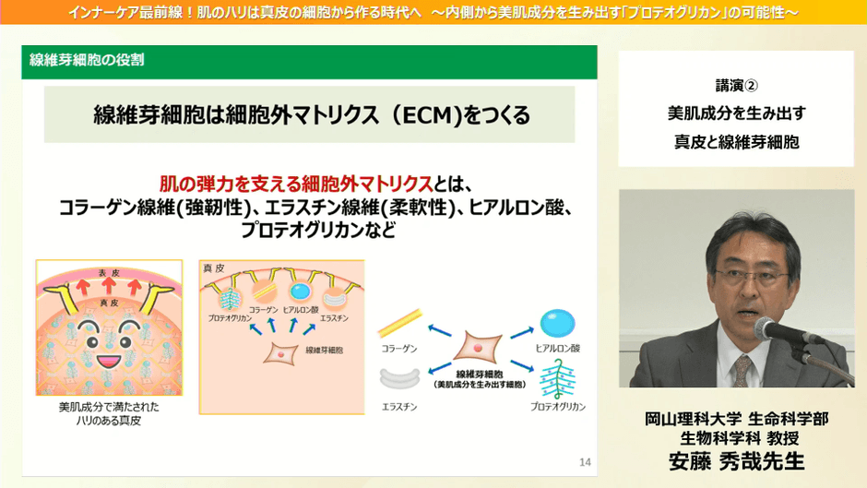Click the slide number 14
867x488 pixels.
[x=585, y=461]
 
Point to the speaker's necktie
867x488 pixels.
[x=742, y=371]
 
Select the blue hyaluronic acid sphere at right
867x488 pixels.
[x=557, y=323]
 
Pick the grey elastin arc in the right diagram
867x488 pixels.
[x=399, y=377]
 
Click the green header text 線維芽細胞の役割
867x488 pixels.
[x=87, y=61]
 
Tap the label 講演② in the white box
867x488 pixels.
[x=736, y=85]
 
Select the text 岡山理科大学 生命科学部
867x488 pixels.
[x=736, y=418]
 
